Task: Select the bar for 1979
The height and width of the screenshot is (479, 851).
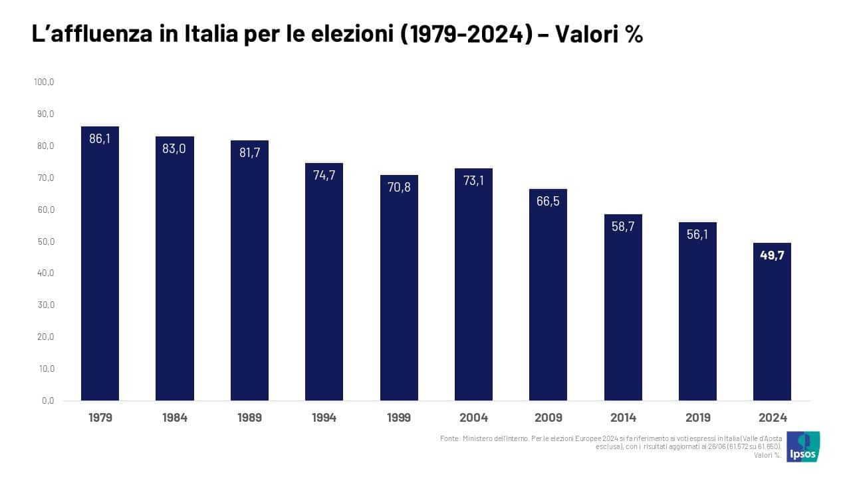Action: tap(100, 266)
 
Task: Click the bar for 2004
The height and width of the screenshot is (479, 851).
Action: tap(473, 286)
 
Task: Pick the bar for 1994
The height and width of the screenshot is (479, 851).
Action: tap(324, 283)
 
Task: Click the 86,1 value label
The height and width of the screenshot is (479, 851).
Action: tap(100, 139)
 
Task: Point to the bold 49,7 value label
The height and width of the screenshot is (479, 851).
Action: tap(773, 255)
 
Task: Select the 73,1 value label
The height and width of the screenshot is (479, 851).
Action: tap(473, 180)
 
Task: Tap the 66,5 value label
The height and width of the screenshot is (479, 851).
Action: tap(548, 202)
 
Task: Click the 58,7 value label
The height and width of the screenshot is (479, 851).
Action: tap(623, 226)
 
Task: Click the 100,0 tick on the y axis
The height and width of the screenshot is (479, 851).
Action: tap(43, 82)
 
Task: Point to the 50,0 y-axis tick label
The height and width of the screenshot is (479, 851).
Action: tap(45, 241)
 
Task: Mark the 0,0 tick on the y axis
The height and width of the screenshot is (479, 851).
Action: tap(47, 400)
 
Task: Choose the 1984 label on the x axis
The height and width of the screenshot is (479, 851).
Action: tap(174, 418)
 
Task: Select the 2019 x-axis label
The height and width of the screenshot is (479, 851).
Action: tap(697, 418)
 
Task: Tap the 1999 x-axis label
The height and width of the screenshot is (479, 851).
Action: tap(398, 418)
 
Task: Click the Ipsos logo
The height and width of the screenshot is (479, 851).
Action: tap(802, 447)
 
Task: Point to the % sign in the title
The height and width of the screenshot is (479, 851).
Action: tap(634, 35)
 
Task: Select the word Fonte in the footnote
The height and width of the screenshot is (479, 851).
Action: tap(449, 438)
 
